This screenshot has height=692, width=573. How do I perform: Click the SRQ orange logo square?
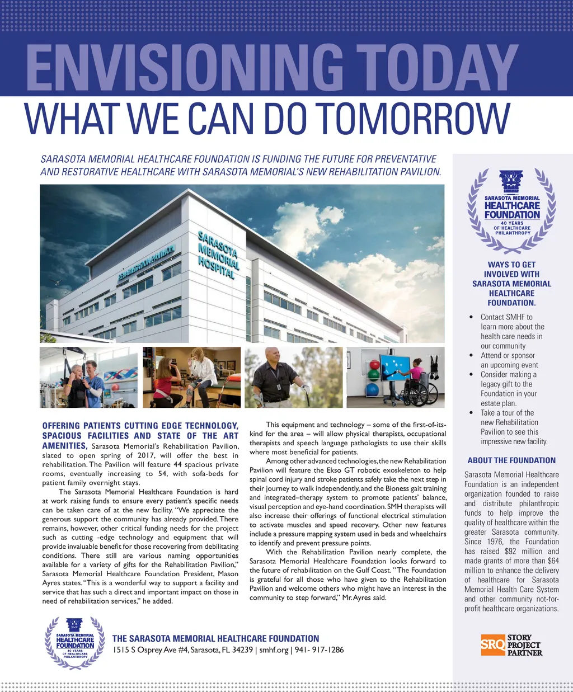(493, 644)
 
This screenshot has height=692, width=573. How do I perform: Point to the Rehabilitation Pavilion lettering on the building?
(147, 262)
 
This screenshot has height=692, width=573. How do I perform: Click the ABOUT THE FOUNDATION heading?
(511, 460)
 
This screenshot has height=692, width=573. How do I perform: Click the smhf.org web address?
(274, 650)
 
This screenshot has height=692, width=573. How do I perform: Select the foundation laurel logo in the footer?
(75, 643)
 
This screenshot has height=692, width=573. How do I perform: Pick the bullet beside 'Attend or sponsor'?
(471, 356)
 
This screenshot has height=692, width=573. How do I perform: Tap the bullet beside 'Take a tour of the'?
(471, 413)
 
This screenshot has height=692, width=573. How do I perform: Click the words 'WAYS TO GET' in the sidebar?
(511, 265)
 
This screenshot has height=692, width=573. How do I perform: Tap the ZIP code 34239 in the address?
(242, 650)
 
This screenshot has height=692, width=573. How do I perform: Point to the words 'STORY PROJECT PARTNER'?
(524, 645)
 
